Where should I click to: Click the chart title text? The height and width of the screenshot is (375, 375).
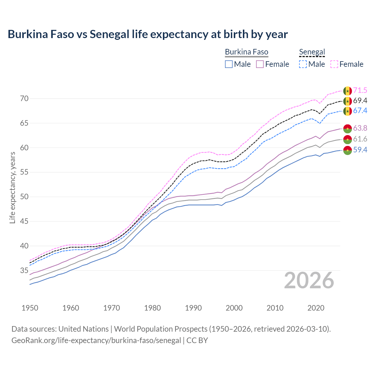tap(148, 34)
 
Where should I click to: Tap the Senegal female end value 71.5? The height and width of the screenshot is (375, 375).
tap(360, 91)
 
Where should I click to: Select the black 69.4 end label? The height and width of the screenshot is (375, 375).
tap(360, 101)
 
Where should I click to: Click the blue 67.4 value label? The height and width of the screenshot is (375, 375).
tap(360, 111)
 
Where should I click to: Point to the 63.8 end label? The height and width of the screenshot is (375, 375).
tap(360, 128)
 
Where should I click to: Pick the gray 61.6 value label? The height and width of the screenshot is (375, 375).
tap(360, 139)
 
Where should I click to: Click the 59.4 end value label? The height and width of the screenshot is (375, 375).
tap(360, 150)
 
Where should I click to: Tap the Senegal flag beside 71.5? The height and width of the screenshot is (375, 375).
tap(347, 91)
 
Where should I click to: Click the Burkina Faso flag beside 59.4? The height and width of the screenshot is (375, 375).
tap(347, 150)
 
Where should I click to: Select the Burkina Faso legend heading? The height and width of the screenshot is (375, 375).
tap(246, 52)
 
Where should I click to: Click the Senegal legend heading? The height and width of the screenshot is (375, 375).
tap(312, 52)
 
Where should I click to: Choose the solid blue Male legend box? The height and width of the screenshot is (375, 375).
tap(229, 64)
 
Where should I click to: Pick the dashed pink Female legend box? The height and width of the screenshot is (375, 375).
tap(334, 64)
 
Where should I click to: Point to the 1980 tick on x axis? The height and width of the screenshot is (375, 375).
tap(152, 308)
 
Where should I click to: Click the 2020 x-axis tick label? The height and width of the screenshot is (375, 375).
tap(316, 308)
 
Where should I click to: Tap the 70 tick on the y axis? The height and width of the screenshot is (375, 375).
tap(24, 98)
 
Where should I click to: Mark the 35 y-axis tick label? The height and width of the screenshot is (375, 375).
tap(24, 270)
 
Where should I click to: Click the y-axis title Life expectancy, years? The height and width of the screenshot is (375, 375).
tap(12, 187)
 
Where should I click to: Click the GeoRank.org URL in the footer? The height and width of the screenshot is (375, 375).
tap(96, 340)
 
